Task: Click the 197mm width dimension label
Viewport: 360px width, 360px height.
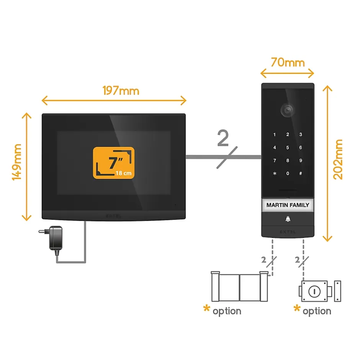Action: click(x=121, y=91)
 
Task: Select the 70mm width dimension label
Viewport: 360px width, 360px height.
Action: click(x=288, y=62)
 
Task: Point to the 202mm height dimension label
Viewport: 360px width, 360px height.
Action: click(x=338, y=160)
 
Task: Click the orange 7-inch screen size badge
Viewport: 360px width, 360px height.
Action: click(x=114, y=163)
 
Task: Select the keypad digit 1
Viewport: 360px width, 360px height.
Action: click(x=274, y=134)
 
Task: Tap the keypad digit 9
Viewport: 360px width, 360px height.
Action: click(x=301, y=160)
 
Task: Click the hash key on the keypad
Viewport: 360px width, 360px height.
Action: click(x=301, y=173)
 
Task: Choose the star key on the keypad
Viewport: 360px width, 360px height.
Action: click(x=274, y=173)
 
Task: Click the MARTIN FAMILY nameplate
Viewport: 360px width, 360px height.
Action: click(x=288, y=205)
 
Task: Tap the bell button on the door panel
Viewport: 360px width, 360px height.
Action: click(x=287, y=219)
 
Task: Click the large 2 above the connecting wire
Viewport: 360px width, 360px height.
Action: click(x=223, y=138)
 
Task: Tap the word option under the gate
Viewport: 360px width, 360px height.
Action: click(x=227, y=311)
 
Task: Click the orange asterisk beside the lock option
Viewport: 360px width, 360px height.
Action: click(x=297, y=309)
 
